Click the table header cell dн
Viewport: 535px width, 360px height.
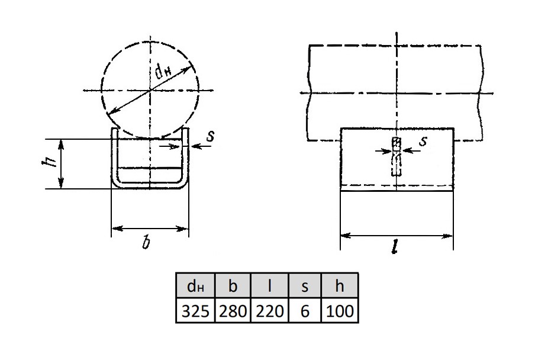[195, 285]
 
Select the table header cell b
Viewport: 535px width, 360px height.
[233, 285]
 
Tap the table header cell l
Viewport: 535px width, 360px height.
[269, 285]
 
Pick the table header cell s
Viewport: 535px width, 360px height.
[305, 285]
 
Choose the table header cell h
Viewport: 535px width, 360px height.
[340, 285]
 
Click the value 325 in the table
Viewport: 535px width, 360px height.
[195, 310]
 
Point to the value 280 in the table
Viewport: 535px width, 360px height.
[233, 310]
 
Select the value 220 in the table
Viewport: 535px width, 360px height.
[269, 310]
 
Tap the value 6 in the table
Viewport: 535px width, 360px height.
[305, 310]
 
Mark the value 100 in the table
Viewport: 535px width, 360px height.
[340, 310]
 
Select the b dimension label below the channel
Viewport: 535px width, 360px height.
[146, 242]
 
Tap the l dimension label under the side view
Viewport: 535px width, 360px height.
[395, 246]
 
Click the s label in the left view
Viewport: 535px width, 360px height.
[210, 136]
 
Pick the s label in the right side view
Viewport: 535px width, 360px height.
[423, 140]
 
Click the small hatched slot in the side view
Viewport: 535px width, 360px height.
[396, 156]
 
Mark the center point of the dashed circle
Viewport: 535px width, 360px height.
[150, 91]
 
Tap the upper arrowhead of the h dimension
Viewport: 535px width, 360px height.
[61, 144]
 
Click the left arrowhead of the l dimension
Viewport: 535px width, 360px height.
[346, 236]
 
